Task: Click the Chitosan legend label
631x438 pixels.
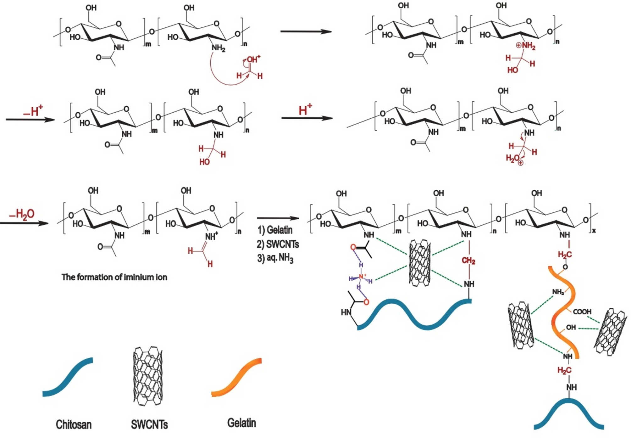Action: pos(74,424)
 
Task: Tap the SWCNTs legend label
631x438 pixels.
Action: pos(149,424)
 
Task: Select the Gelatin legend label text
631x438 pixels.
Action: pos(241,423)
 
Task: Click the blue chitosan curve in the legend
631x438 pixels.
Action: pos(68,377)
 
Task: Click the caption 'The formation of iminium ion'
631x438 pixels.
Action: pos(114,277)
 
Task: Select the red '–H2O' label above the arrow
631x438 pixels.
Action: pos(22,214)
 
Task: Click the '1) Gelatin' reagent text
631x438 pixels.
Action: pos(275,230)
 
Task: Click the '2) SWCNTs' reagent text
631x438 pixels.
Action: pos(278,244)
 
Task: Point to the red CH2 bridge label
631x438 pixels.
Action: pos(468,261)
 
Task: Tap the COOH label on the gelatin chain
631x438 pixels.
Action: pos(582,312)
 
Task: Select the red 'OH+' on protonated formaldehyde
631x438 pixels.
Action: pos(253,59)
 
